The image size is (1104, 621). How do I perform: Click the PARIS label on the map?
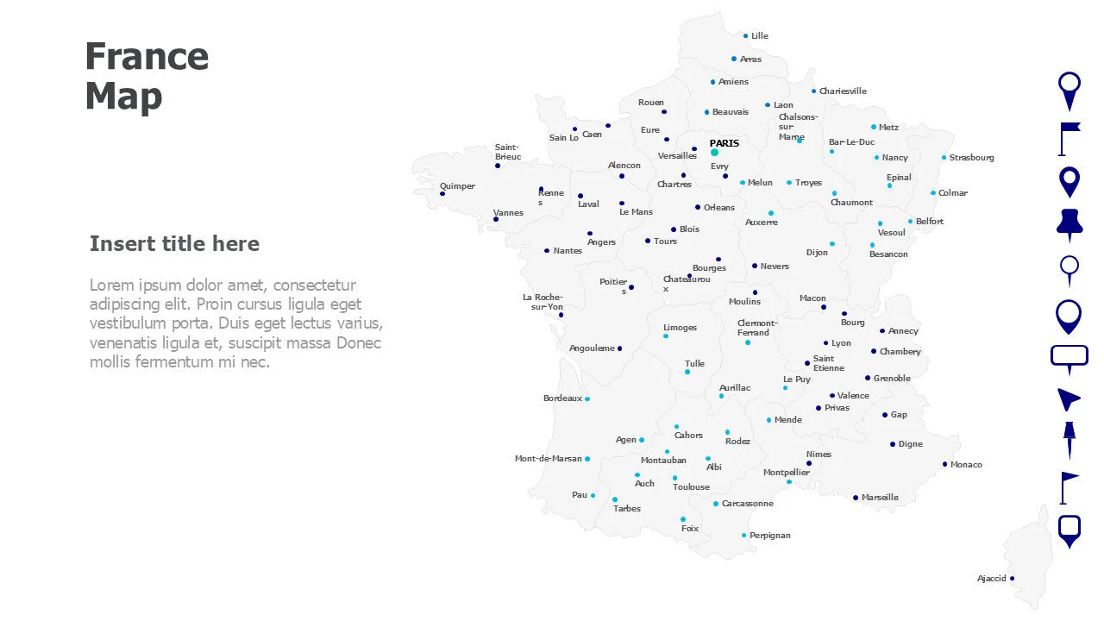[724, 143]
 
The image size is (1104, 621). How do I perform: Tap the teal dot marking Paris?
[714, 153]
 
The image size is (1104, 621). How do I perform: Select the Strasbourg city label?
[971, 158]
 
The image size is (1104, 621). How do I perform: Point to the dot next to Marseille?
[856, 498]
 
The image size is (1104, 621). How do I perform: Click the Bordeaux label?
[562, 398]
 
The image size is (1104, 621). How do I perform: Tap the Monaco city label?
[966, 465]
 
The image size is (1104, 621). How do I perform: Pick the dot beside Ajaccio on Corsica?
[1012, 579]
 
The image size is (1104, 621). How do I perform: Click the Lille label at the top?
[759, 36]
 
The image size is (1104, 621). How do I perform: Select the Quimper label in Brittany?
[457, 186]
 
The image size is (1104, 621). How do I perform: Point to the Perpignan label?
[769, 536]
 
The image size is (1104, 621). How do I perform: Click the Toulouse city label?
[691, 487]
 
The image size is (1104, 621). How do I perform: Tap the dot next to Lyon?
[825, 343]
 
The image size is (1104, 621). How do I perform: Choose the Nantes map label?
[568, 251]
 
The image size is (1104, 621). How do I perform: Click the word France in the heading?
[147, 57]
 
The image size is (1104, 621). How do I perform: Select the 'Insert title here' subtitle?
[174, 244]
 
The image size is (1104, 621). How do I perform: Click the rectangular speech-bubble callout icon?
[1069, 357]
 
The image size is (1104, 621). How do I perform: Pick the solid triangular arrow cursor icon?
[1068, 398]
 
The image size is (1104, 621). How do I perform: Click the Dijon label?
[817, 253]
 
